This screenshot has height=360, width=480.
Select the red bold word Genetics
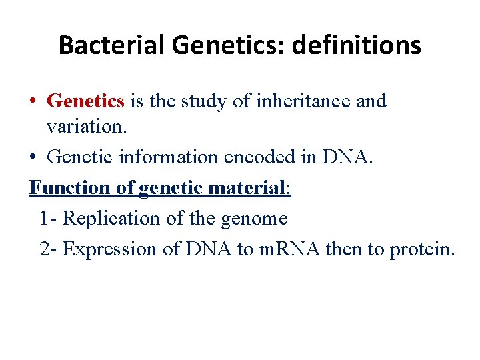[x=86, y=101]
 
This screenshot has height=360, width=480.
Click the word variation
[x=79, y=127]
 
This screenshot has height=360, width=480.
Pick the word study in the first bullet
[x=198, y=101]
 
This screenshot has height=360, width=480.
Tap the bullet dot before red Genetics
[x=33, y=102]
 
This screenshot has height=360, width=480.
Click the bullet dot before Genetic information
[x=33, y=157]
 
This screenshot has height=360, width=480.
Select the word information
[x=169, y=157]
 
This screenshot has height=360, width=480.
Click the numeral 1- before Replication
[x=49, y=219]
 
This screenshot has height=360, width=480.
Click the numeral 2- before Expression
[x=49, y=249]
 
